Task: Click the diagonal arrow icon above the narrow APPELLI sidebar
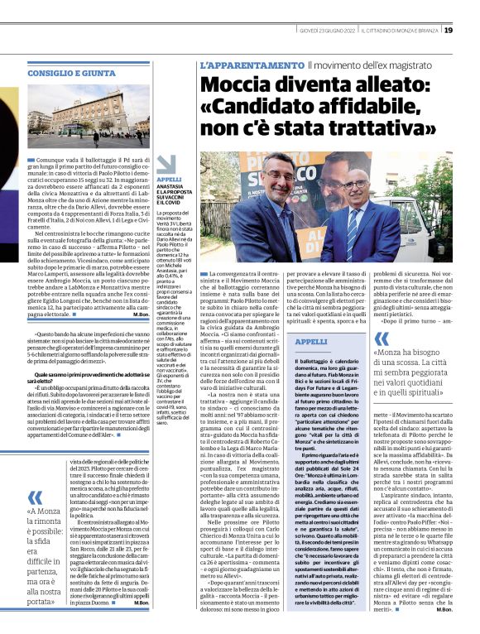165,164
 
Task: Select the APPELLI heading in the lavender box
311,342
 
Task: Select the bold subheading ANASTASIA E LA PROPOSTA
170,195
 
